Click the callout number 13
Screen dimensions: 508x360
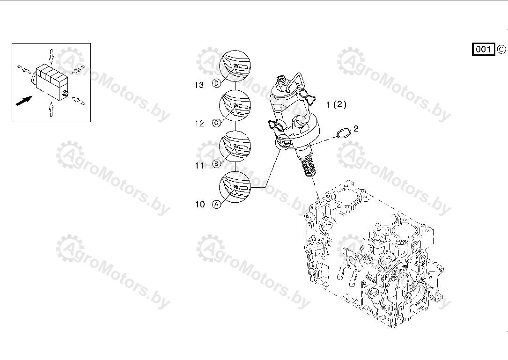click(199, 85)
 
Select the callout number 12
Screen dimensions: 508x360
click(199, 124)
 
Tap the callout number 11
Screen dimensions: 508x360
click(199, 166)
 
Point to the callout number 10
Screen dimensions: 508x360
click(200, 205)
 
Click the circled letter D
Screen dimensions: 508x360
click(217, 83)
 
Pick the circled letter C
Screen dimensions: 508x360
click(216, 123)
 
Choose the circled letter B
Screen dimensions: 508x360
click(216, 164)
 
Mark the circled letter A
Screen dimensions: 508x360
click(216, 204)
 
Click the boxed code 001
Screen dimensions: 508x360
click(483, 49)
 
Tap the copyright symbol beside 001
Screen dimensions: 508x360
click(501, 49)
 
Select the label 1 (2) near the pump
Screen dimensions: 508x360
click(336, 104)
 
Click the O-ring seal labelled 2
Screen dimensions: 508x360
click(344, 132)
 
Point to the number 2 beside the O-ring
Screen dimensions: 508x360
click(356, 129)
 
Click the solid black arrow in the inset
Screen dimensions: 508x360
click(24, 101)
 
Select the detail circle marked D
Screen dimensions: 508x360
click(235, 66)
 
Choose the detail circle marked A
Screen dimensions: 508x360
click(235, 187)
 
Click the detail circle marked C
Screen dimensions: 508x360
click(235, 106)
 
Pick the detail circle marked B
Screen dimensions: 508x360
click(235, 147)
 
